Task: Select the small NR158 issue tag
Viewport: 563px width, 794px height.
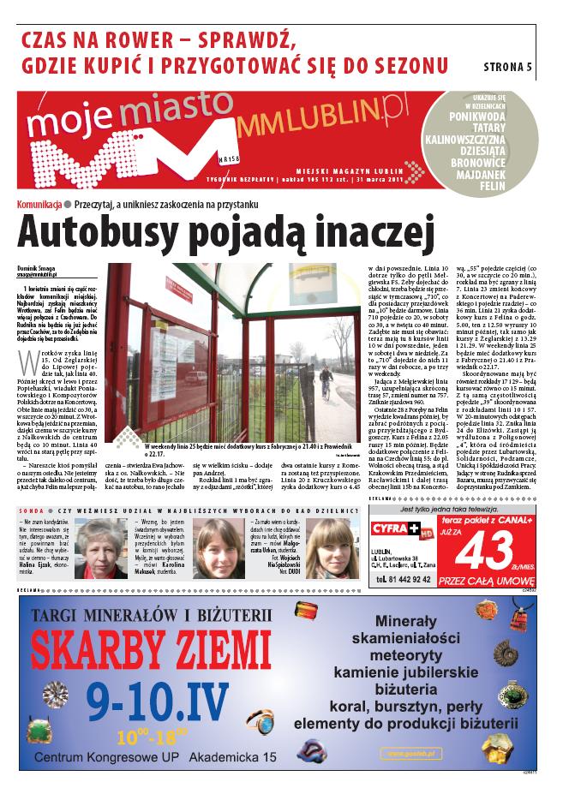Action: tap(228, 158)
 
